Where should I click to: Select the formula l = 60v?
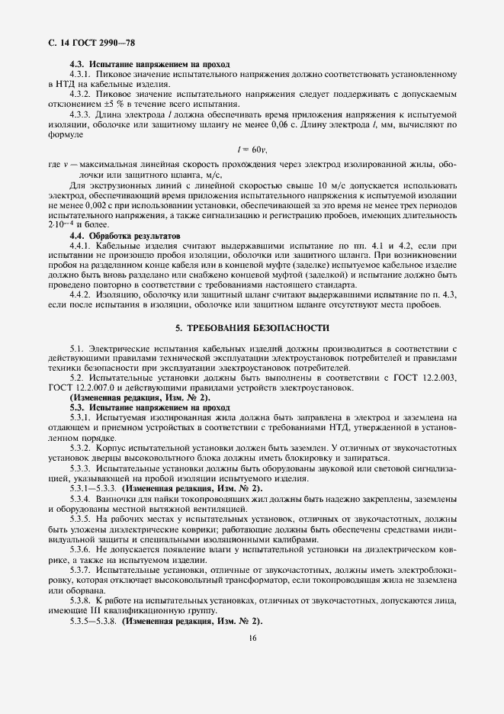(x=249, y=150)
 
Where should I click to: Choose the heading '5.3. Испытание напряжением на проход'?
(x=149, y=407)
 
